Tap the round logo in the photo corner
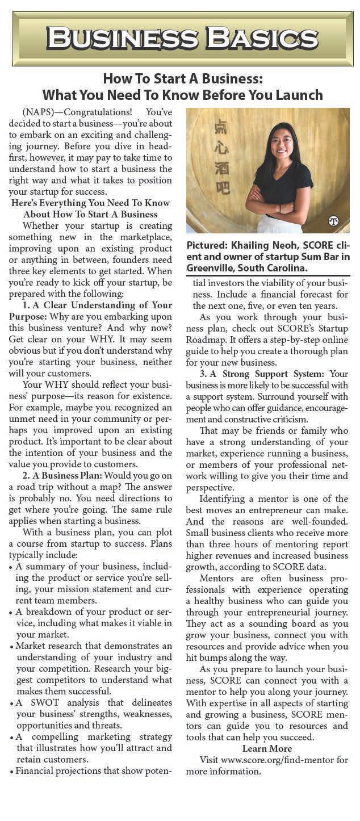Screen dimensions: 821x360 click(x=333, y=221)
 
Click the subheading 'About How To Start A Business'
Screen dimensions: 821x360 click(x=91, y=214)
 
